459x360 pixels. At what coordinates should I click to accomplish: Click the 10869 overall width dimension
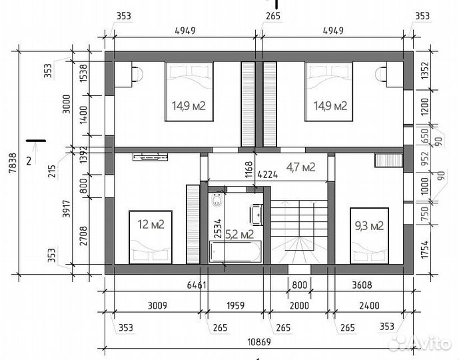coord(259,341)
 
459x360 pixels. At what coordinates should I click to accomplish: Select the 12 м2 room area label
coord(151,225)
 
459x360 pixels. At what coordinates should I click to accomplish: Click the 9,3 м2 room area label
coord(369,226)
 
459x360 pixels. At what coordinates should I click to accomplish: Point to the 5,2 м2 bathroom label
coord(239,235)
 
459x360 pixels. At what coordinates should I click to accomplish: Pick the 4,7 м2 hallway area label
coord(301,167)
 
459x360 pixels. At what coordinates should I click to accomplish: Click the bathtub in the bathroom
coord(235,251)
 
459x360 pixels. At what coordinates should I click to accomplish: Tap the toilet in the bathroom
coord(217,200)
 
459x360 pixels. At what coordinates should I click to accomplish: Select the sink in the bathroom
coord(256,215)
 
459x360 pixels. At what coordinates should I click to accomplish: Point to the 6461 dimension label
coord(197,285)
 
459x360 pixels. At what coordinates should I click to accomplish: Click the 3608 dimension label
coord(362,285)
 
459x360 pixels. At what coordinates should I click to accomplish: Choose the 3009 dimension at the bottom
coord(157,305)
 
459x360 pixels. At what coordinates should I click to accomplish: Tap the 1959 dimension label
coord(236,305)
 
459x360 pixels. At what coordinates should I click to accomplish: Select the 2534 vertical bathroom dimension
coord(218,229)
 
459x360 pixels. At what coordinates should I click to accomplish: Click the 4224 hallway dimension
coord(268,175)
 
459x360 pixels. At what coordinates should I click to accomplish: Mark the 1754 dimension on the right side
coord(425,249)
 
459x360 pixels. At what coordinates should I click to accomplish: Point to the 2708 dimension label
coord(83,236)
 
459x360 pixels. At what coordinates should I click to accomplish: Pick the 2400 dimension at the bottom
coord(369,305)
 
